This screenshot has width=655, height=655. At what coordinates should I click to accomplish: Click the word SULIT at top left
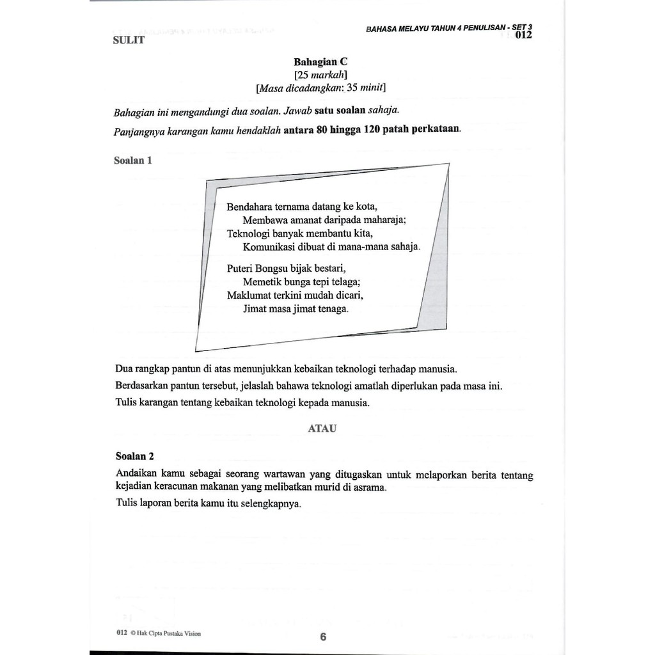pyautogui.click(x=129, y=40)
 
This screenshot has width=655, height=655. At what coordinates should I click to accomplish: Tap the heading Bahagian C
pyautogui.click(x=320, y=62)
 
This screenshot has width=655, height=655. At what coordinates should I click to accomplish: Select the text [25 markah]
pyautogui.click(x=320, y=75)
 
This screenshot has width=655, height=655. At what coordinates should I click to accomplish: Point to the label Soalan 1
pyautogui.click(x=133, y=161)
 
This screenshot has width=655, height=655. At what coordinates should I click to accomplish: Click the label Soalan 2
pyautogui.click(x=135, y=456)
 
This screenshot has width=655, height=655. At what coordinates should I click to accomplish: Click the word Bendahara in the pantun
pyautogui.click(x=249, y=207)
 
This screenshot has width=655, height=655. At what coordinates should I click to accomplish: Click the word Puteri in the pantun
pyautogui.click(x=241, y=269)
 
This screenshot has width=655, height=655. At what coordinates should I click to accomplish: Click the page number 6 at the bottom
pyautogui.click(x=323, y=637)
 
